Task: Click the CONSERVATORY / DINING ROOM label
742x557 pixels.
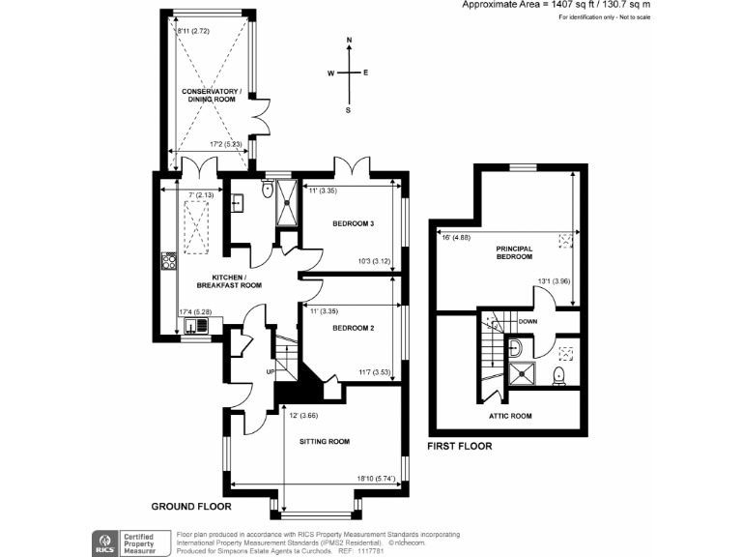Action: pos(213,96)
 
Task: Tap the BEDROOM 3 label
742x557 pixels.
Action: pos(354,223)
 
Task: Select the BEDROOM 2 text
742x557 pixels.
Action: pos(354,328)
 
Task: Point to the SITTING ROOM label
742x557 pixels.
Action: pos(325,441)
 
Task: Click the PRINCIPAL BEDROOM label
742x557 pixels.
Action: pos(514,251)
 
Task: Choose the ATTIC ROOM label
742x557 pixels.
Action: pos(509,416)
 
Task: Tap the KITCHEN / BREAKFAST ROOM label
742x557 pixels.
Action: pos(230,279)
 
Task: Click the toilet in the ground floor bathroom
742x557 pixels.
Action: pos(266,191)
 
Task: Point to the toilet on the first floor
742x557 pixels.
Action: pos(558,376)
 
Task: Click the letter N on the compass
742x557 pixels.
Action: pos(349,40)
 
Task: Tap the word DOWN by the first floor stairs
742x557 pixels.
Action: pos(528,321)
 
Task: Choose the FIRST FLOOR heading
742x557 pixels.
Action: pos(459,447)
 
